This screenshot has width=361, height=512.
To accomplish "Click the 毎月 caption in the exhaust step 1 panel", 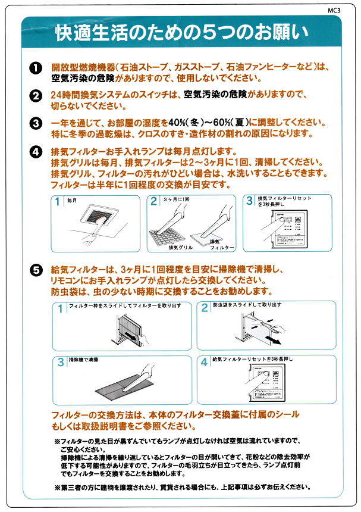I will coord(73,201).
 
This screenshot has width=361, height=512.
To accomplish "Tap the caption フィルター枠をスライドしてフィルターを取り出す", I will coord(121,306).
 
